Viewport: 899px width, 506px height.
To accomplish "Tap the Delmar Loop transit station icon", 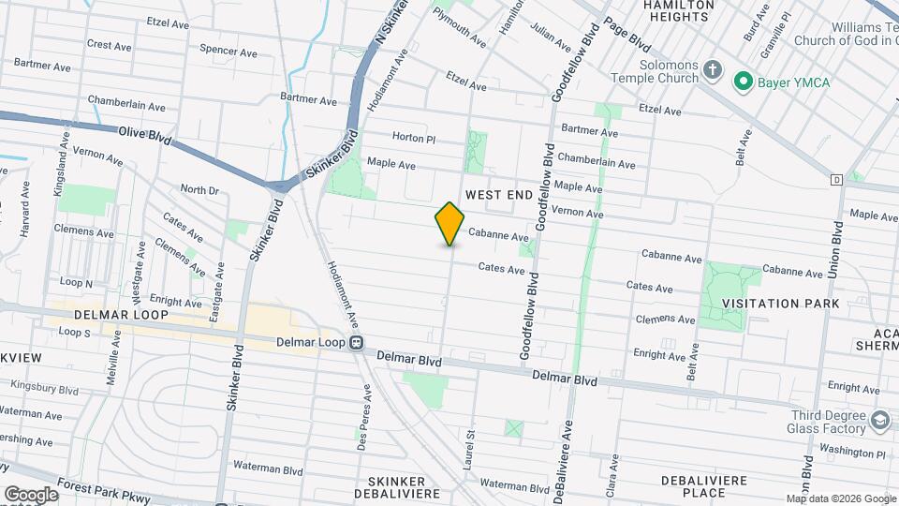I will click(357, 343).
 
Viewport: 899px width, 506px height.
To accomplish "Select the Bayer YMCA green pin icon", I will click(744, 82).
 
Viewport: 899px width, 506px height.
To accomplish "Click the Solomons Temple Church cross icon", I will click(714, 71).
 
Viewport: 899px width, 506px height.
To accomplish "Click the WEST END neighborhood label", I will click(499, 194).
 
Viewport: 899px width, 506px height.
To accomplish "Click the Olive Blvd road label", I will click(145, 135).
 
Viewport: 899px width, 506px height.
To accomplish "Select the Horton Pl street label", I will click(414, 138).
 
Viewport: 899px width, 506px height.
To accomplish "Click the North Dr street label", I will click(199, 190).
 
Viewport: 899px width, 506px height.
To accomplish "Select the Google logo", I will click(30, 494).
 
